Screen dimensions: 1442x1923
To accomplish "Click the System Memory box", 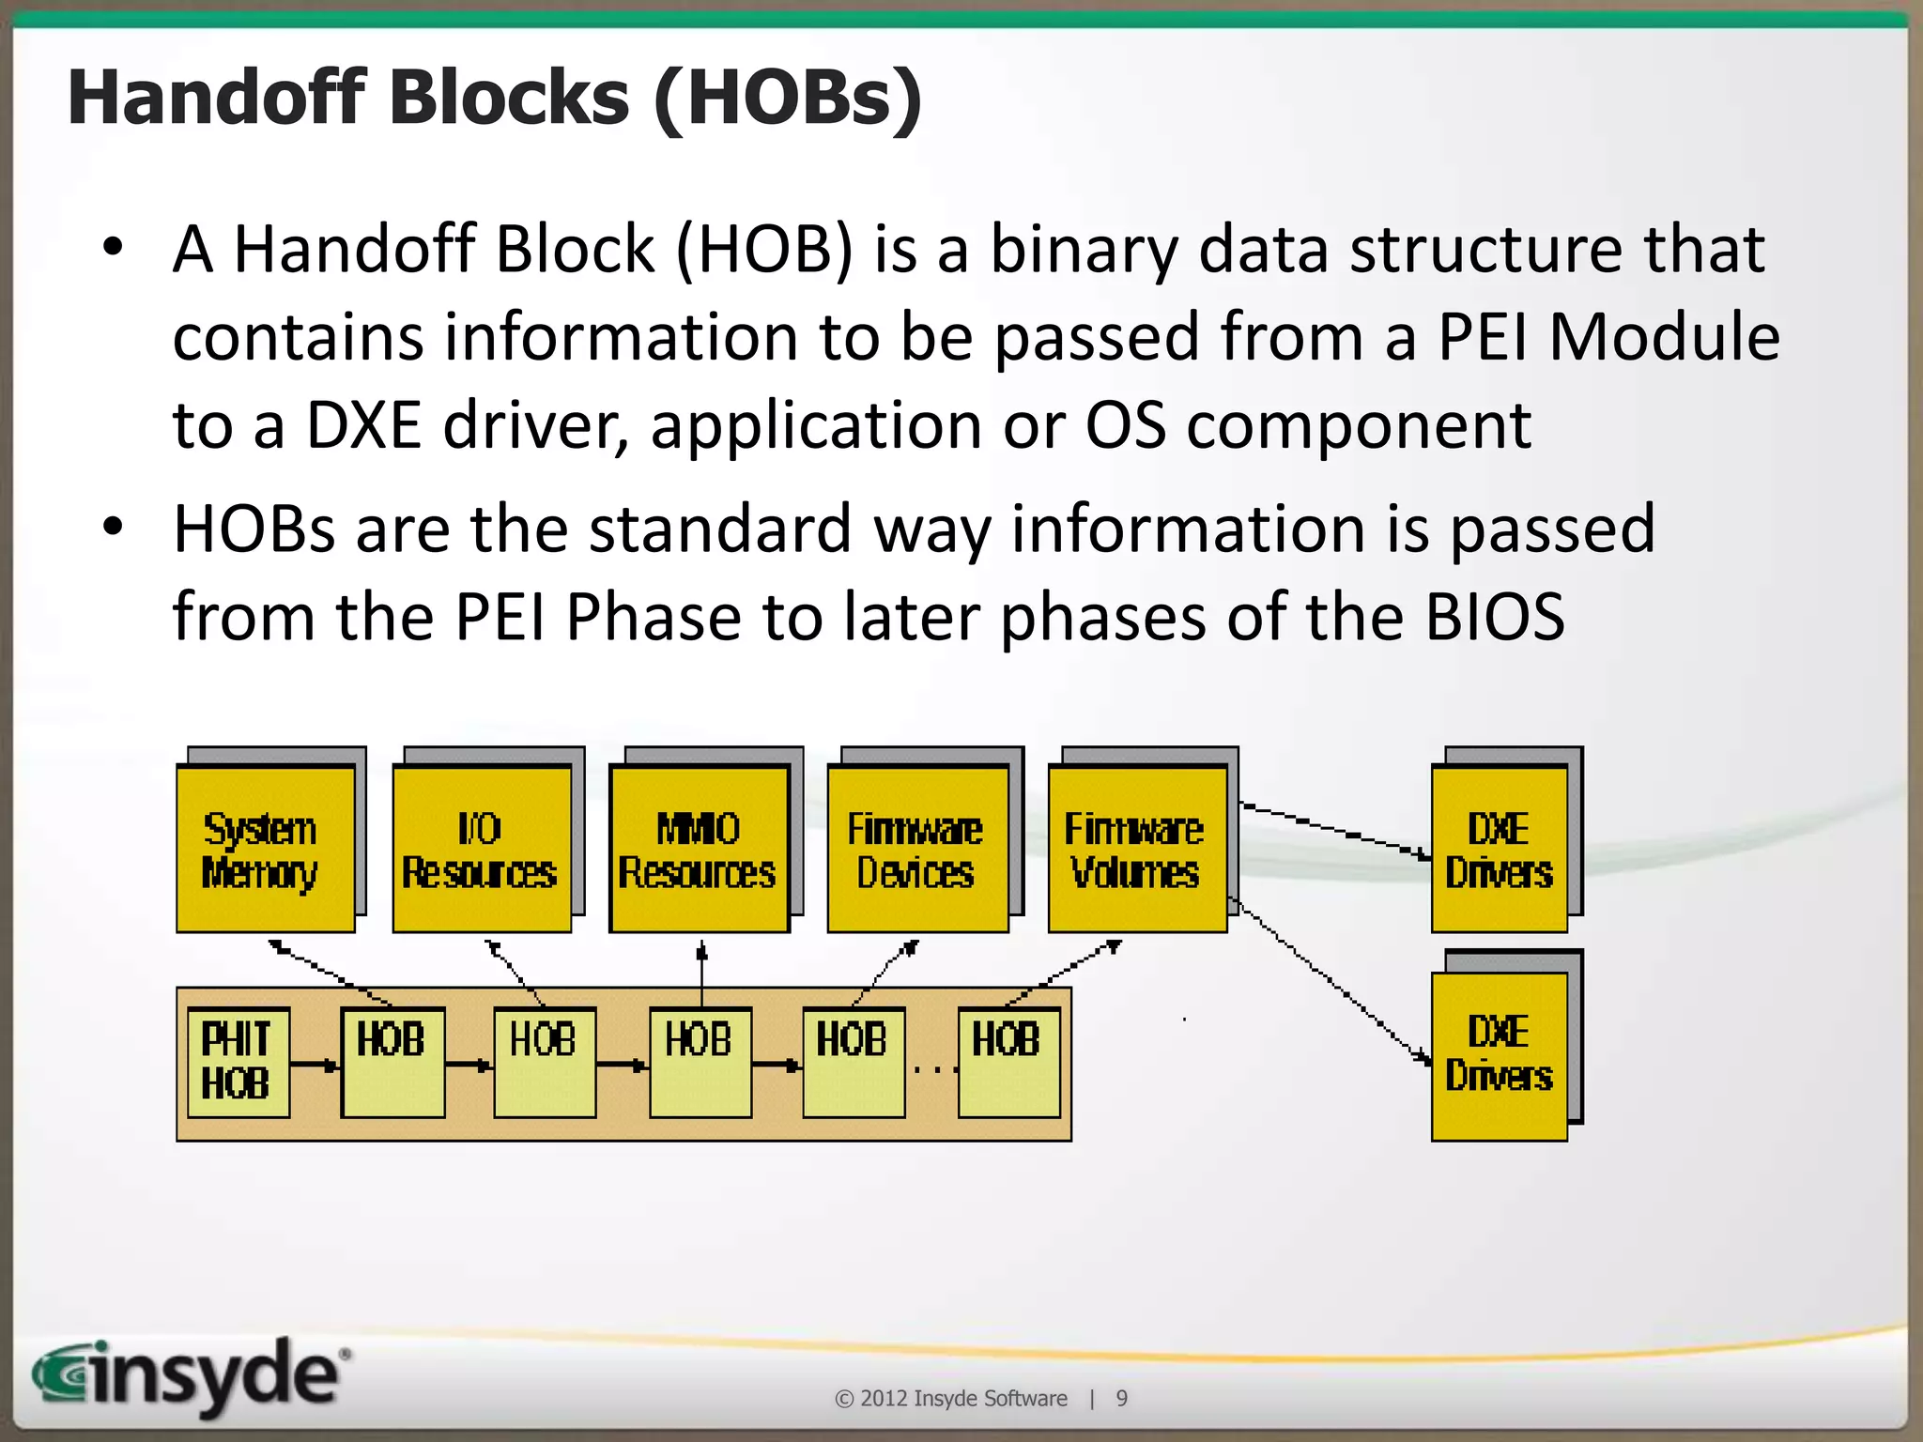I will click(266, 850).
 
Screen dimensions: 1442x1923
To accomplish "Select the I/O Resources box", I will click(482, 850).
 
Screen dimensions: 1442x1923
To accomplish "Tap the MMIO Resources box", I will click(699, 850).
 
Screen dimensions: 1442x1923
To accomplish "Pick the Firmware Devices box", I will click(917, 850).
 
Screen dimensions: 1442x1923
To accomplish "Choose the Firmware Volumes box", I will click(1137, 850).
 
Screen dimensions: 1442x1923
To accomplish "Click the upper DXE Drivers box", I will click(1500, 850).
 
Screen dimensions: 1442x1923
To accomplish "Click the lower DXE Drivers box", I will click(1500, 1055).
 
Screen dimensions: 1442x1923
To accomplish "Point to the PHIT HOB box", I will click(238, 1062).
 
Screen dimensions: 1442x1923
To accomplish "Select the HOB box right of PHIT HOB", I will click(392, 1062).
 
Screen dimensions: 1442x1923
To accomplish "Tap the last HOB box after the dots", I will click(1008, 1062).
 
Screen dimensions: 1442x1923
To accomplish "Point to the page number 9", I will click(1121, 1399).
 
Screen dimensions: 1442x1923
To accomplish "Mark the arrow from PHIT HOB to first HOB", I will click(315, 1066).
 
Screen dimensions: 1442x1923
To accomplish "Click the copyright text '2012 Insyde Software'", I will click(963, 1399).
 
